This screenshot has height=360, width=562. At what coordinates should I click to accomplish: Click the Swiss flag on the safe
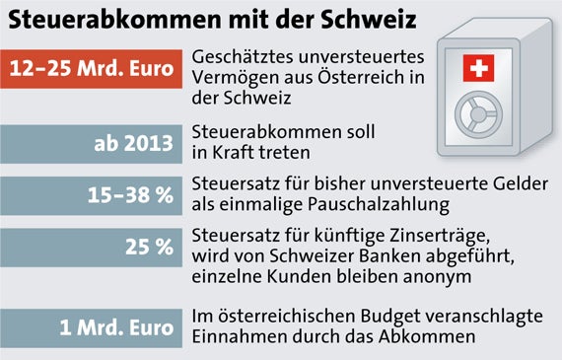point(479,68)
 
